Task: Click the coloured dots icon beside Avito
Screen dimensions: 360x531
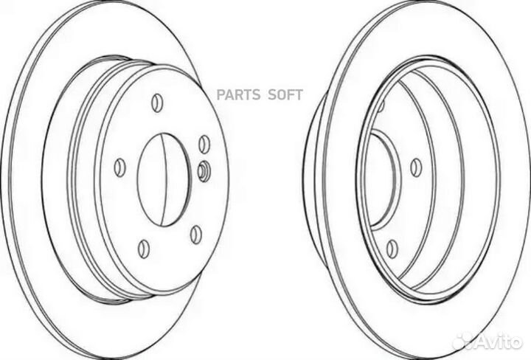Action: point(464,340)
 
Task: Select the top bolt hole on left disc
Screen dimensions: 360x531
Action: point(156,101)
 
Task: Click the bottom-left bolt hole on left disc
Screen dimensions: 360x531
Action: point(145,248)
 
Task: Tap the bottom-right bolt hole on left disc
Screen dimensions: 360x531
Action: point(195,234)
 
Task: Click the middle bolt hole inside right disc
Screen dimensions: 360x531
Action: point(415,167)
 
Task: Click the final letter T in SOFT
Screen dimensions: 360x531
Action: point(299,95)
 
